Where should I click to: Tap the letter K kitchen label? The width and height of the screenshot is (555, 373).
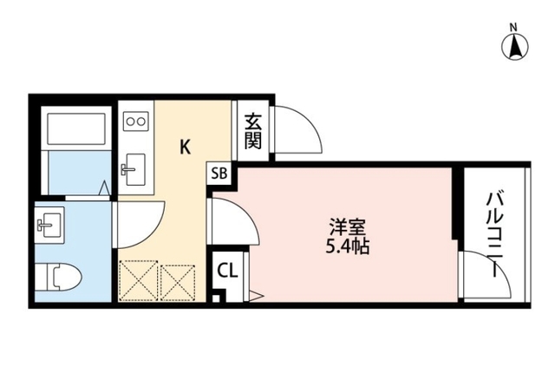tap(186, 147)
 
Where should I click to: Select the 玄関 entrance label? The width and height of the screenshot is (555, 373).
tap(252, 130)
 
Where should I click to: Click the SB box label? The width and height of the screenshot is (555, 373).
tap(219, 172)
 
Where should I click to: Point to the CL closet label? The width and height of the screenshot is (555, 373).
tap(226, 270)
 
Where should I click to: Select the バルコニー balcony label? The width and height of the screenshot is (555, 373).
tap(493, 230)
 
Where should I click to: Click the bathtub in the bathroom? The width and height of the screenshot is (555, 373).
tap(77, 129)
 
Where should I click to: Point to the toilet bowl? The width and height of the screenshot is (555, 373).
tap(62, 278)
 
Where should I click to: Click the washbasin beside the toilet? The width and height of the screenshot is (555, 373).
tap(47, 225)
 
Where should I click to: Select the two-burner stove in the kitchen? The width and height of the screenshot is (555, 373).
tap(136, 121)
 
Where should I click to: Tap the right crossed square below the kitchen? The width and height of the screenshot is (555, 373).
tap(179, 279)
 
